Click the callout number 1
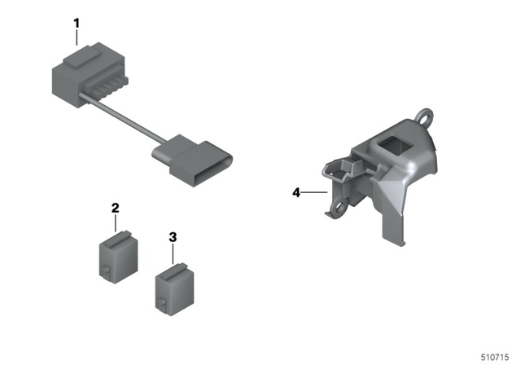click(77, 23)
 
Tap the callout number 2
click(115, 209)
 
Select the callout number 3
click(172, 237)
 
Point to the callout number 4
click(297, 193)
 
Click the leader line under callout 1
click(77, 41)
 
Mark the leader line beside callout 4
click(314, 193)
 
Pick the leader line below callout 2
click(115, 224)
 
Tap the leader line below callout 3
click(172, 253)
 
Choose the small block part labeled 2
click(115, 255)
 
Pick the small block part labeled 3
click(172, 285)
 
